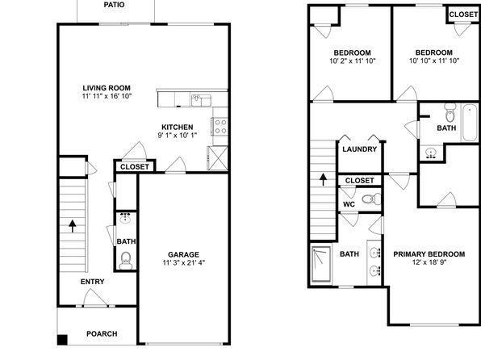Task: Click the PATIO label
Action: point(114,5)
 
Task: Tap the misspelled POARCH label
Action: point(102,333)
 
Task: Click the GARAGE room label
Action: point(183,254)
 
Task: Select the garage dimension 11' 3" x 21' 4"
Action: point(184,262)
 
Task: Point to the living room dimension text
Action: point(107,96)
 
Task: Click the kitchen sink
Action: point(201,100)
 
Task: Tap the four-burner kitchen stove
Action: point(220,127)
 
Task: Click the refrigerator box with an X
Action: point(218,158)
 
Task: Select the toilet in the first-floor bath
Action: point(126,260)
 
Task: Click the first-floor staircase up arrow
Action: point(73,226)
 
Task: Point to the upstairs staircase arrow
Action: point(323,180)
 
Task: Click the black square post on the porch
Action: point(62,340)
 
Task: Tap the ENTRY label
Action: point(92,282)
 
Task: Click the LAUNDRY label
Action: point(359,149)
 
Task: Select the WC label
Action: point(349,204)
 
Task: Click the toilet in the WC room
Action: point(371,199)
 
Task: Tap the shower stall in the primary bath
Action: point(321,264)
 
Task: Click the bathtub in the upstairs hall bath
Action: point(470,123)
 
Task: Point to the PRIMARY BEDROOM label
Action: point(429,254)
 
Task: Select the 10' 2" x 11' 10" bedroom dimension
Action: point(353,61)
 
